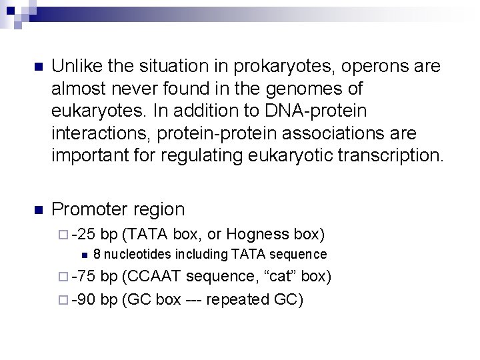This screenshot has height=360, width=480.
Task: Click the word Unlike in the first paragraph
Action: (x=75, y=67)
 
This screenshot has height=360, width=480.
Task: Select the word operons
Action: (x=358, y=67)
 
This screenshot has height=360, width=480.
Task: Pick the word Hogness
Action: (x=257, y=234)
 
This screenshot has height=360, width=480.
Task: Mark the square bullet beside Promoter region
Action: (x=37, y=210)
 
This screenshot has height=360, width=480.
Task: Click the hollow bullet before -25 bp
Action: (x=65, y=235)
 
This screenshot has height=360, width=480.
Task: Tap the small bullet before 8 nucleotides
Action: (x=83, y=255)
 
